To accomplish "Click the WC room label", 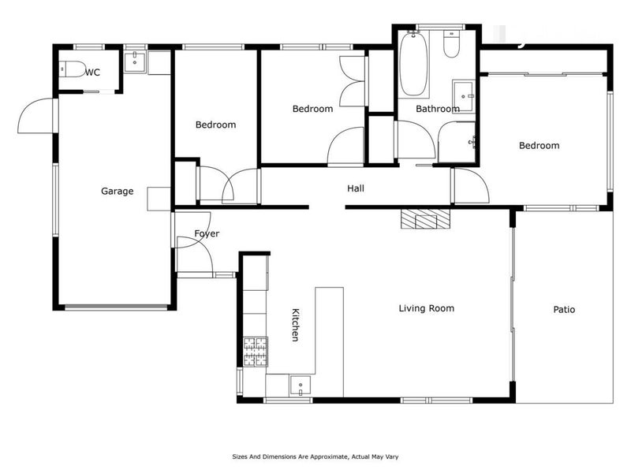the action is pyautogui.click(x=92, y=73).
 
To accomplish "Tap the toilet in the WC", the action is pyautogui.click(x=73, y=69).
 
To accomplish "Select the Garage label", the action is pyautogui.click(x=117, y=191).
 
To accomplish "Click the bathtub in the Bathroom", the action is pyautogui.click(x=413, y=65).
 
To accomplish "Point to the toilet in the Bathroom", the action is pyautogui.click(x=451, y=44).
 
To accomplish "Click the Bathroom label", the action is pyautogui.click(x=438, y=109).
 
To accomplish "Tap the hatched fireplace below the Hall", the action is pyautogui.click(x=425, y=219).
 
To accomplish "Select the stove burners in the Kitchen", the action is pyautogui.click(x=256, y=352).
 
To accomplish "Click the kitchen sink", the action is pyautogui.click(x=301, y=385).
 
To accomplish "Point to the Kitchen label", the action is pyautogui.click(x=295, y=325).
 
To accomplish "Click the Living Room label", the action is pyautogui.click(x=427, y=308).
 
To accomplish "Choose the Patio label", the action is pyautogui.click(x=564, y=309).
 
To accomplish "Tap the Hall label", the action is pyautogui.click(x=356, y=188).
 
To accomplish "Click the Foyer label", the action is pyautogui.click(x=207, y=233).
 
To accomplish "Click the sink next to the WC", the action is pyautogui.click(x=134, y=61).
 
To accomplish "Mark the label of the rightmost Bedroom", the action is pyautogui.click(x=540, y=146).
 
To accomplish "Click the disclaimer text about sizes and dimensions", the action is pyautogui.click(x=315, y=456).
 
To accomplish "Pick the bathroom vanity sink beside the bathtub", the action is pyautogui.click(x=464, y=95).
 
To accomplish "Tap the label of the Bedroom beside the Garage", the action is pyautogui.click(x=215, y=125).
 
